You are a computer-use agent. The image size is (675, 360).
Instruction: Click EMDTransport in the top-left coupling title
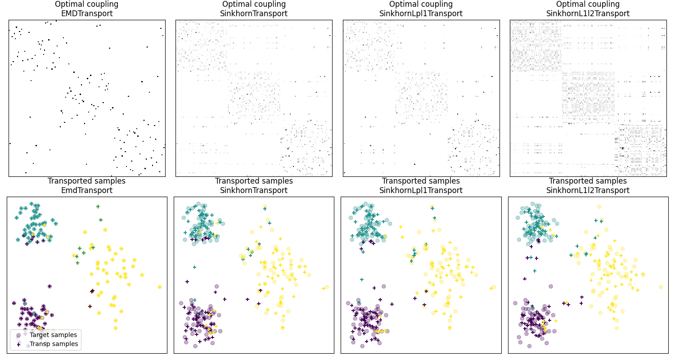(x=87, y=13)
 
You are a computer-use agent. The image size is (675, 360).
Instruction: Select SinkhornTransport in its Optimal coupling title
(x=254, y=13)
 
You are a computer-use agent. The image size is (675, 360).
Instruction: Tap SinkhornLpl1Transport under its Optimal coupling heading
(x=421, y=13)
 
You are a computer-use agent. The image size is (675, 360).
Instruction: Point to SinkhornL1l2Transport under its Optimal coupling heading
(x=588, y=13)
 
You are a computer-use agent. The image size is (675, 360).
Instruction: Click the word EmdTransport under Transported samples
(x=87, y=190)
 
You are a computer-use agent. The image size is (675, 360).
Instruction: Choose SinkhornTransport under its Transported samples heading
(x=254, y=190)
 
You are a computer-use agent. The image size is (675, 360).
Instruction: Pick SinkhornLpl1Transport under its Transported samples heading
(x=421, y=190)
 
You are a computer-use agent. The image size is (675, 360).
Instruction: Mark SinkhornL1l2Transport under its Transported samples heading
(x=588, y=190)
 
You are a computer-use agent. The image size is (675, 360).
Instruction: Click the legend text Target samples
(x=53, y=335)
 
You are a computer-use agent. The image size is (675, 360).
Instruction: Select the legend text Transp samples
(x=54, y=344)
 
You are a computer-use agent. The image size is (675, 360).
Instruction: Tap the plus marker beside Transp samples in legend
(x=18, y=344)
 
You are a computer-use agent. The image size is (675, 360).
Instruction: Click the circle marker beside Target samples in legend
(x=18, y=335)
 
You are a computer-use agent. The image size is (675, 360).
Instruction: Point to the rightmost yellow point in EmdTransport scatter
(x=160, y=287)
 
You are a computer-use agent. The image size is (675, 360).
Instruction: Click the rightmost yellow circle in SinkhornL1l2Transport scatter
(x=661, y=287)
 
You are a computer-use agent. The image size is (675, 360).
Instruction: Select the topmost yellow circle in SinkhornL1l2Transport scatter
(x=598, y=207)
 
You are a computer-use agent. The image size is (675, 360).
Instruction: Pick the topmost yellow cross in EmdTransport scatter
(x=98, y=207)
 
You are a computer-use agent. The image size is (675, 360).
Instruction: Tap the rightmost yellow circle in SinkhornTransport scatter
(x=327, y=287)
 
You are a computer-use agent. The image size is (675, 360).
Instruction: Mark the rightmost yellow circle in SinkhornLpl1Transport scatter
(x=494, y=287)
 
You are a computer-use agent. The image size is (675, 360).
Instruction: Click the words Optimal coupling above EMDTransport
(x=87, y=4)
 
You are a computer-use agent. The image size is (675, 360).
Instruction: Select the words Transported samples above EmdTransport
(x=87, y=181)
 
